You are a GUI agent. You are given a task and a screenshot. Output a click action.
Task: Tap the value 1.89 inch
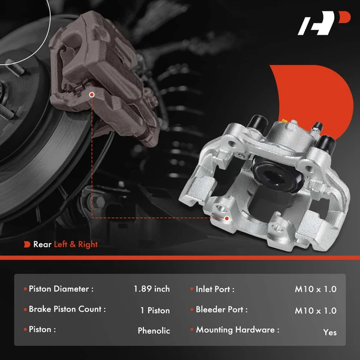pos(152,289)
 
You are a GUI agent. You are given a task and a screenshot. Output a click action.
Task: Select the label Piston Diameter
pos(61,289)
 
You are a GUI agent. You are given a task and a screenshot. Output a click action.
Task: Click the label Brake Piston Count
pos(67,310)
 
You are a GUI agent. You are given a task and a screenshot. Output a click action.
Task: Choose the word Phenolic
pos(154,331)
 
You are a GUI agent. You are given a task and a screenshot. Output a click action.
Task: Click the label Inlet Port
pos(215,289)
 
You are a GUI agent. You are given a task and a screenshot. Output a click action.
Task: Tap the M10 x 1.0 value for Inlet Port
pos(316,289)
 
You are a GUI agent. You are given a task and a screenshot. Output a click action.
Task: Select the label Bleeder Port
pos(221,310)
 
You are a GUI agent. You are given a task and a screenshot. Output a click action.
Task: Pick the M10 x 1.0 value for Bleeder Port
pos(316,311)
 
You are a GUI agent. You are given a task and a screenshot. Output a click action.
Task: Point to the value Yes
pos(329,332)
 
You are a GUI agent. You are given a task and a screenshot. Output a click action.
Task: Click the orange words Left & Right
pos(76,244)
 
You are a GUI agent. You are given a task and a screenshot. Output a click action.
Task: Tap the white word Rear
pos(42,244)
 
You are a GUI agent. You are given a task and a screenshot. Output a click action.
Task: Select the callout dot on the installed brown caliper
pos(92,94)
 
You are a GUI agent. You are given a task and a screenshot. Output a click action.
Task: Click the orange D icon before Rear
pos(27,244)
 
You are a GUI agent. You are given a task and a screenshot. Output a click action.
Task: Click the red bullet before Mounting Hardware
pos(191,330)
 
